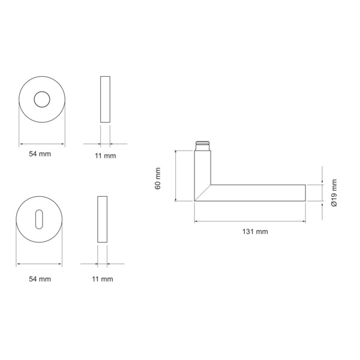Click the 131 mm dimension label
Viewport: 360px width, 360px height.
[x=255, y=232]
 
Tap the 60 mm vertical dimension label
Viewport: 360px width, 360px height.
[x=158, y=179]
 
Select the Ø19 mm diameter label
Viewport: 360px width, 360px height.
[x=334, y=193]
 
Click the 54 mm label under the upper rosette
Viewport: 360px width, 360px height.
[x=40, y=154]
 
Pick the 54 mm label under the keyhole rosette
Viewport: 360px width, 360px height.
[x=40, y=279]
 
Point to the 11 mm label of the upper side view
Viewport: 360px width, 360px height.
[x=106, y=155]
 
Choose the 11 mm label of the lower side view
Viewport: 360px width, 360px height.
[x=103, y=279]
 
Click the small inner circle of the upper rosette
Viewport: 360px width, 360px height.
[x=42, y=99]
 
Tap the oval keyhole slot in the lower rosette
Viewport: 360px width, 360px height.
[x=39, y=219]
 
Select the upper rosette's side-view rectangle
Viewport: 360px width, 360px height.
[x=105, y=99]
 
